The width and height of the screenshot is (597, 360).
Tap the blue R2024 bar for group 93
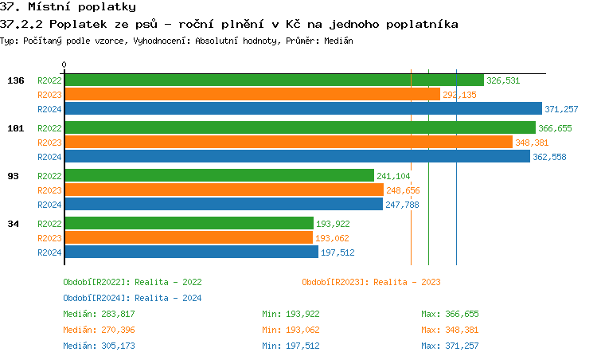[224, 205]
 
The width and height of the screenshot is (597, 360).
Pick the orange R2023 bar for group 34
[189, 238]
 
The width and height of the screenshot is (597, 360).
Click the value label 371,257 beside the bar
[560, 109]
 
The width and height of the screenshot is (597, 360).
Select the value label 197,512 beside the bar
[338, 252]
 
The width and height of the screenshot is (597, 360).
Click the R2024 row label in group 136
[49, 109]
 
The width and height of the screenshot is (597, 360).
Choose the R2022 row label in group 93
[49, 176]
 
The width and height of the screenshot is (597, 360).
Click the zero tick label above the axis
[64, 65]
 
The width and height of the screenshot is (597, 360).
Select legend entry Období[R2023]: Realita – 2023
[371, 282]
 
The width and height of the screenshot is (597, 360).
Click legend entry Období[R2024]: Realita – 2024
[132, 298]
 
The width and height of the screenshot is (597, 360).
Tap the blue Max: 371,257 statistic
[450, 346]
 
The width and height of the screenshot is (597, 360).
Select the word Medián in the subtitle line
[338, 41]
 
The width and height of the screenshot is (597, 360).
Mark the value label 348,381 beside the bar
[534, 143]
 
